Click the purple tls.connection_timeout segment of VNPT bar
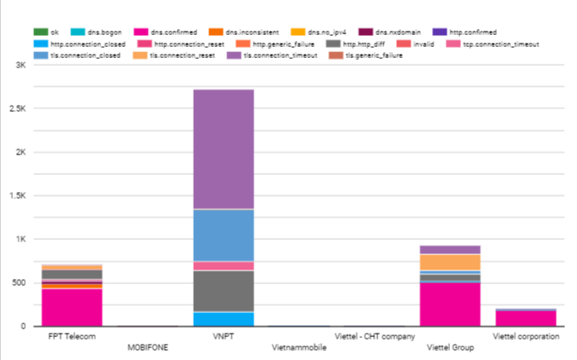click(223, 149)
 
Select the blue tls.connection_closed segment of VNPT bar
click(223, 235)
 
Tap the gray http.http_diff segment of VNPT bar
click(223, 291)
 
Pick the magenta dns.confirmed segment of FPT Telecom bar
click(72, 307)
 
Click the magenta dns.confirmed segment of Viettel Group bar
click(449, 305)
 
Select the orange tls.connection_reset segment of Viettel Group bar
click(449, 262)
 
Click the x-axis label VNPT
click(223, 337)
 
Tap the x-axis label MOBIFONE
click(147, 348)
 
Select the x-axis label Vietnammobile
click(298, 348)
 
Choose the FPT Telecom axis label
click(72, 337)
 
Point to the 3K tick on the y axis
click(20, 65)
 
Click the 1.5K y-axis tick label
click(16, 195)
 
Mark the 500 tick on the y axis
click(18, 282)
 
